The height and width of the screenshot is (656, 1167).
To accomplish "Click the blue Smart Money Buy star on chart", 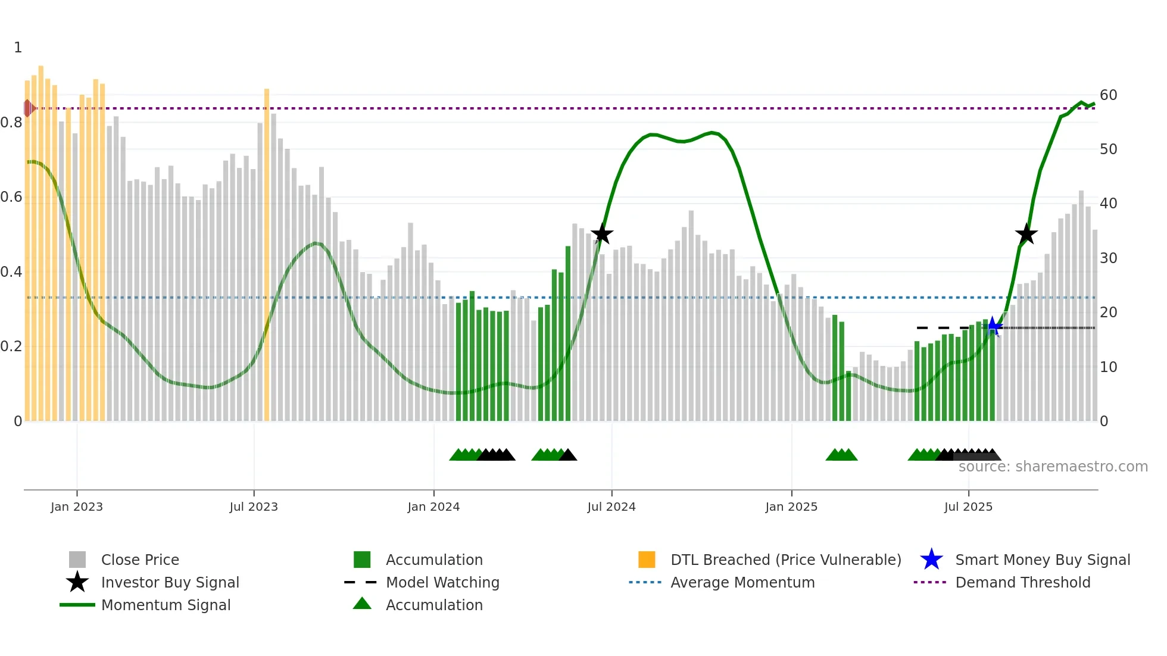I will [993, 326].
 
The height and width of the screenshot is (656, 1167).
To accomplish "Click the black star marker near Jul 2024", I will [602, 234].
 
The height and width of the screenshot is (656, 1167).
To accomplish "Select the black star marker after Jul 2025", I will [1026, 235].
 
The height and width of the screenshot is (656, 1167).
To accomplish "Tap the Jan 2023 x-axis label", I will [77, 507].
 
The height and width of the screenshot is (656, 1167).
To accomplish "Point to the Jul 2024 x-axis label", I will [611, 507].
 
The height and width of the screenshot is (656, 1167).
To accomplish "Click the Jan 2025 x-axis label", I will [791, 507].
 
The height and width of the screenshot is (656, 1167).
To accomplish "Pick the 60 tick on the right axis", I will [1108, 95].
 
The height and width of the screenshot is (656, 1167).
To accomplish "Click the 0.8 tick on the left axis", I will [11, 123].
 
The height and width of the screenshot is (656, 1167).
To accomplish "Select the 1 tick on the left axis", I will [18, 48].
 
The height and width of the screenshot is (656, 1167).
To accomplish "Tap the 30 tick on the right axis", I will [1108, 258].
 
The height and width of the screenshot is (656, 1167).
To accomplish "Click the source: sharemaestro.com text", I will [1053, 467].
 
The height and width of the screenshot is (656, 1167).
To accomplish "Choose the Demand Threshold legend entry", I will [1022, 582].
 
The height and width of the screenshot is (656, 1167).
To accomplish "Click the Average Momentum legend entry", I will [742, 582].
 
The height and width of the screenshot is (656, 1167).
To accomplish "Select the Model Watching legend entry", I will [442, 582].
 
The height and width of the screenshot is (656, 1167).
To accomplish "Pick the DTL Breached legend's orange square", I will [647, 560].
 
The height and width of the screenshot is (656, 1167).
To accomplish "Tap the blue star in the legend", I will [931, 560].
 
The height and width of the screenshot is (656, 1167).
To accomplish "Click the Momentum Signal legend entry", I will [166, 605].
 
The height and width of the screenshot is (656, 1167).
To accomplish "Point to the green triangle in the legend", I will [362, 604].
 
